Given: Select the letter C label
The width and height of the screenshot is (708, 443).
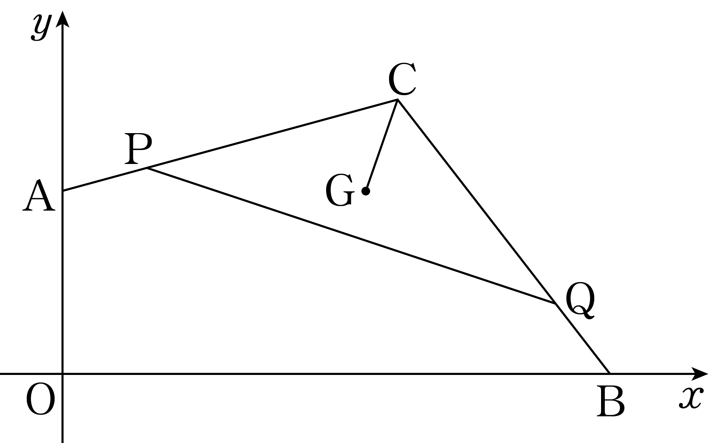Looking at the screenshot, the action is click(402, 79).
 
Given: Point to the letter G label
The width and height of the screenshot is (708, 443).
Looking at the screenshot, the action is click(340, 191).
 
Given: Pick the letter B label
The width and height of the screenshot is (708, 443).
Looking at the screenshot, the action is click(611, 402).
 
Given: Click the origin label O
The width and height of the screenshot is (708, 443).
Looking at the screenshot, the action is click(40, 401).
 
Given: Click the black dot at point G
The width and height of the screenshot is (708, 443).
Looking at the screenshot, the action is click(366, 191).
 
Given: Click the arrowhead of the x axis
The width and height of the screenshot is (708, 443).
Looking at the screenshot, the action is click(700, 374).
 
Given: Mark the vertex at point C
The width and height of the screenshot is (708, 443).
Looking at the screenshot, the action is click(397, 100).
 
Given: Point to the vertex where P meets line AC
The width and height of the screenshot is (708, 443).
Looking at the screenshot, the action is click(147, 168).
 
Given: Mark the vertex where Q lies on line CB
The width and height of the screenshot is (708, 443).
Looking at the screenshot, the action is click(555, 303).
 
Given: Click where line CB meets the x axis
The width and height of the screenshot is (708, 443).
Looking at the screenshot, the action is click(609, 374).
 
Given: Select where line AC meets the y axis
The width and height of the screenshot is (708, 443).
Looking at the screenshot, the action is click(63, 191).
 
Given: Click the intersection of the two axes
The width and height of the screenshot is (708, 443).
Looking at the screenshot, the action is click(63, 374).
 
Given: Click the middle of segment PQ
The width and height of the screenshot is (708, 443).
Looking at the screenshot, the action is click(351, 236).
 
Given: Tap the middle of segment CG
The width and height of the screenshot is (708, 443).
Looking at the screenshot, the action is click(381, 146).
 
